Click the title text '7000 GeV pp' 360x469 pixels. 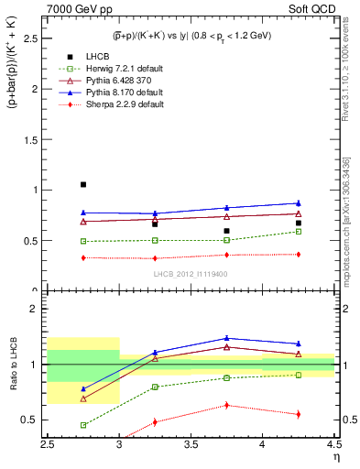(x=76, y=8)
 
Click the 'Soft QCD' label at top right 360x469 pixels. (x=311, y=8)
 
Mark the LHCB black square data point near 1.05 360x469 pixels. (x=83, y=184)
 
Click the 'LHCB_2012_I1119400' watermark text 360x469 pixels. (x=191, y=272)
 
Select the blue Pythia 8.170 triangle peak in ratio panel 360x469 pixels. (x=226, y=338)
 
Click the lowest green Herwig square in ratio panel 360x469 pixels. (x=83, y=425)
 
